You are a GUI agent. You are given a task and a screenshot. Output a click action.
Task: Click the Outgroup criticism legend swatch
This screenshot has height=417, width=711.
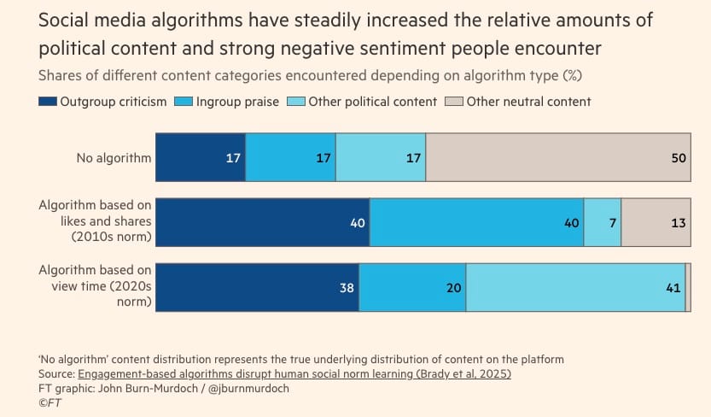click(x=49, y=102)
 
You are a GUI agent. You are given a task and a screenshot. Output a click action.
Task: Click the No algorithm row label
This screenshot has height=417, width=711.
click(x=114, y=157)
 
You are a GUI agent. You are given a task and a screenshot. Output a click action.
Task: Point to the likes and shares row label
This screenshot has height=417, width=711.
click(x=95, y=220)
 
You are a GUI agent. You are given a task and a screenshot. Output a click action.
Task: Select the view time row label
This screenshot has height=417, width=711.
click(x=95, y=286)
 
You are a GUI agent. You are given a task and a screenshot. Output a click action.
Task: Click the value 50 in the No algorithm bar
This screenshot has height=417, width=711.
click(x=679, y=158)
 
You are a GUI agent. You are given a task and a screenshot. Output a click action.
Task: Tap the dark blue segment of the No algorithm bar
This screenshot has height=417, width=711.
click(x=200, y=157)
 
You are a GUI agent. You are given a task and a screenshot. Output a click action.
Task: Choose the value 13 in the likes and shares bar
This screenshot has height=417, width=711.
click(x=678, y=223)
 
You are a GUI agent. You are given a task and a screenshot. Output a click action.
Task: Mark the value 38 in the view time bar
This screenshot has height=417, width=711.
click(x=347, y=288)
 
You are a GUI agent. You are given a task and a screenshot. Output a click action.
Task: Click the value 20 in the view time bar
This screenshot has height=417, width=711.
click(x=453, y=288)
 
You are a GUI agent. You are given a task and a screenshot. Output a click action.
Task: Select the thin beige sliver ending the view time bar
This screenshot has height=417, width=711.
click(x=687, y=287)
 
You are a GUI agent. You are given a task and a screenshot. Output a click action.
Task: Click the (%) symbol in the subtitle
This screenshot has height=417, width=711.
click(x=572, y=74)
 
